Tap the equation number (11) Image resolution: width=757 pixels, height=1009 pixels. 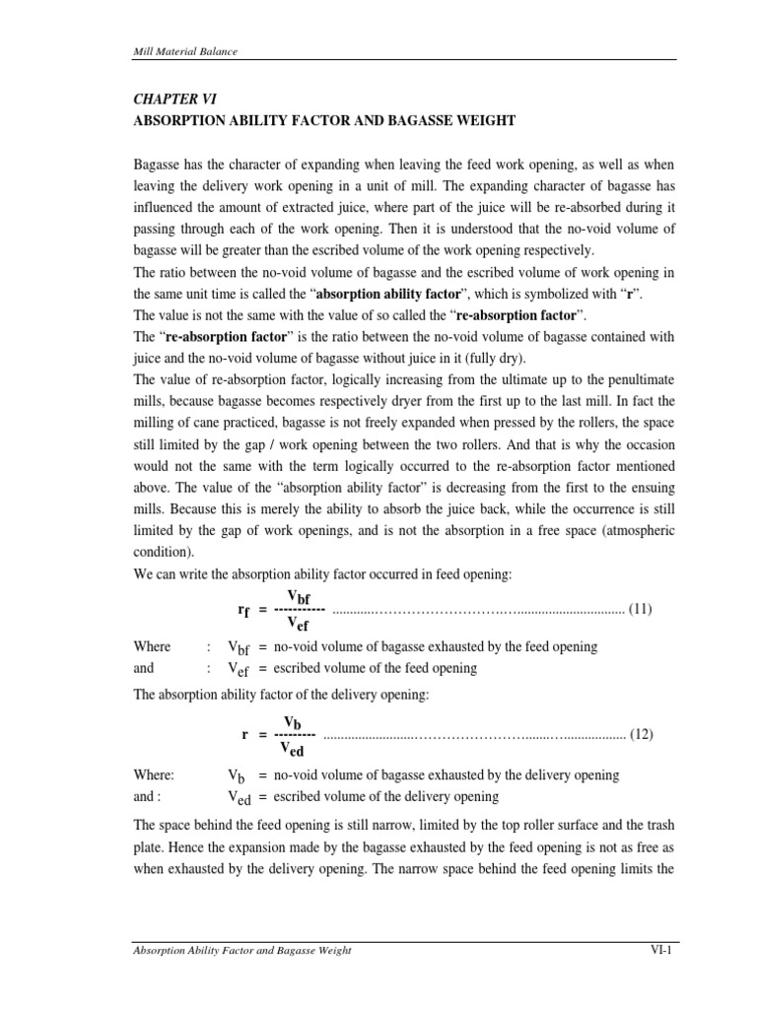pyautogui.click(x=641, y=609)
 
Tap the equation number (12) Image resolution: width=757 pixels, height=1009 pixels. pyautogui.click(x=641, y=734)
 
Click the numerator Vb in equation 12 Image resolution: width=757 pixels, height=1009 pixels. pyautogui.click(x=292, y=721)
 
